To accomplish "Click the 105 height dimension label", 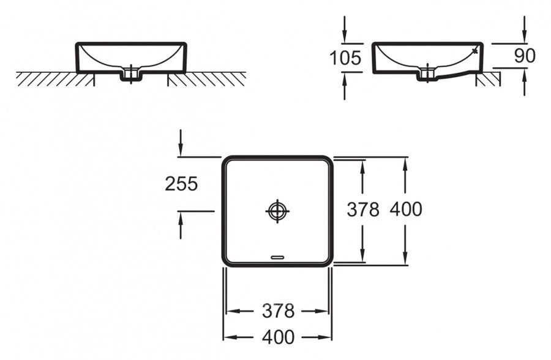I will pos(345,58).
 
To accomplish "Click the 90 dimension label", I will pos(525,56).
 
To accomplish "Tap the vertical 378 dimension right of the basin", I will pos(364,209).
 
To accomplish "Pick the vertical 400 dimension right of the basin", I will pos(405,209).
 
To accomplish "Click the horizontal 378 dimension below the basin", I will pos(278,311).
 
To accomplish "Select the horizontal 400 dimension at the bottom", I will pos(278,336).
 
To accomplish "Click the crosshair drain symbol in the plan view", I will pos(277,211).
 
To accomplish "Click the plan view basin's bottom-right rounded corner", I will pos(328,261).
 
